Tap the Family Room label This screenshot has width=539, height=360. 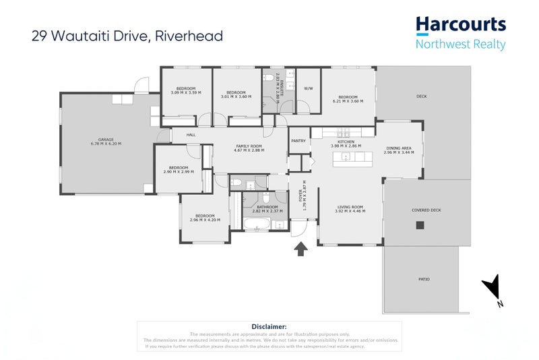249,146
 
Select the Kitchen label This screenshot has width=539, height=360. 346,142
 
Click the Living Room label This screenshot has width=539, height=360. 349,207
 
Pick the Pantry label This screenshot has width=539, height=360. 298,141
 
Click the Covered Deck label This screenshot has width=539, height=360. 426,210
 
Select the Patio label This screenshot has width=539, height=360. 423,279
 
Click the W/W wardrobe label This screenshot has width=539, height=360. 308,88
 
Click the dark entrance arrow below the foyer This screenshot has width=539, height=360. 301,249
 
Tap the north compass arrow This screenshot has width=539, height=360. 495,287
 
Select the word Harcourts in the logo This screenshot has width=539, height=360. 460,26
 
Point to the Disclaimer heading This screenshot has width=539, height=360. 269,326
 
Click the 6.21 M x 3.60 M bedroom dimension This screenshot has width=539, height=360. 348,101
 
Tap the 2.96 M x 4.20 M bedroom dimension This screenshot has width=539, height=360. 205,220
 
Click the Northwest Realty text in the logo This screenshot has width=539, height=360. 460,44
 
